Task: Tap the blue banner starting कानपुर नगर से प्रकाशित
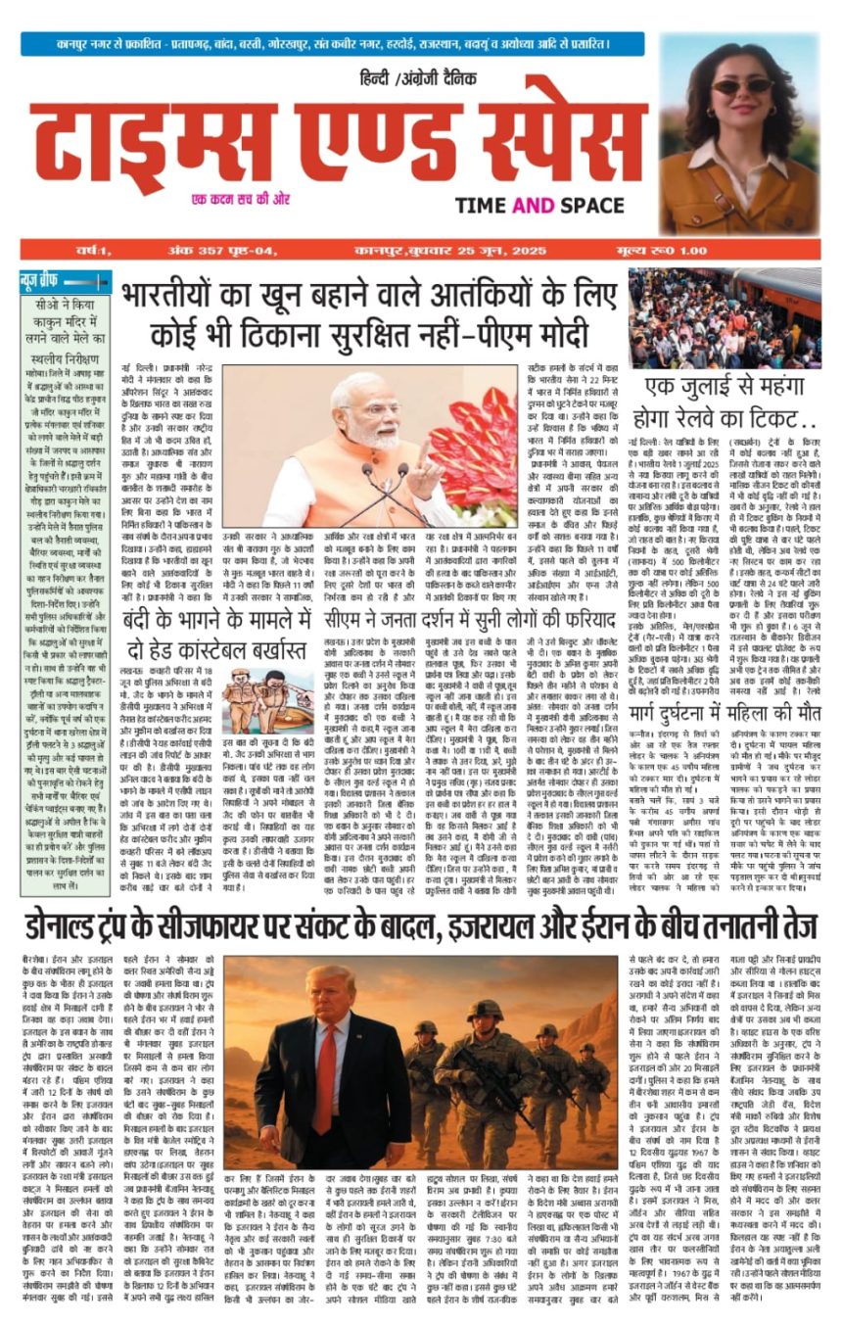(333, 43)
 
